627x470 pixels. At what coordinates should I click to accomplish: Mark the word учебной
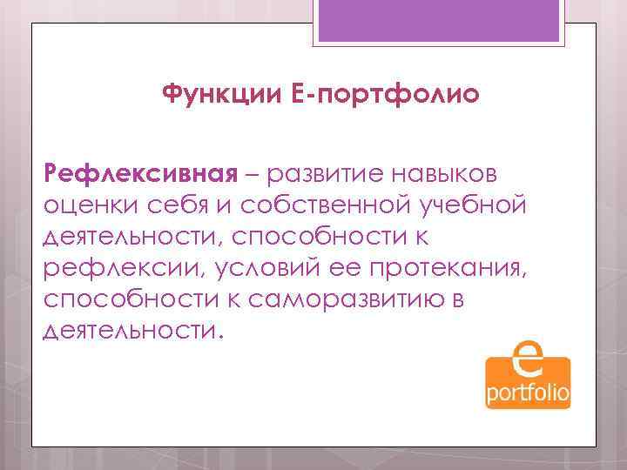(x=470, y=205)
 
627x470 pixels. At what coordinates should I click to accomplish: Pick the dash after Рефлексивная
(x=253, y=174)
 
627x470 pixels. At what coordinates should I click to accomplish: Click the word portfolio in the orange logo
(x=528, y=394)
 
